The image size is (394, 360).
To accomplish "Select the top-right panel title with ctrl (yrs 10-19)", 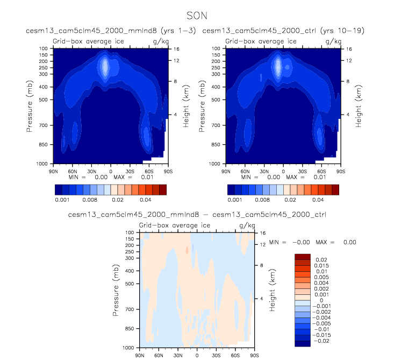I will point(283,31).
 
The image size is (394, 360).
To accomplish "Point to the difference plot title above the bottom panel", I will point(196,215).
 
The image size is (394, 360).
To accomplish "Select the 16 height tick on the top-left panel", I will point(175,48).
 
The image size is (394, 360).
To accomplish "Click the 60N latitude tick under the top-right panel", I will point(244,170).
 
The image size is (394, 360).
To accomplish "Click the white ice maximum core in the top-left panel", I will point(105,67).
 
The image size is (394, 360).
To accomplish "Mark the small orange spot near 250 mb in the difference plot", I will point(187,250).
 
